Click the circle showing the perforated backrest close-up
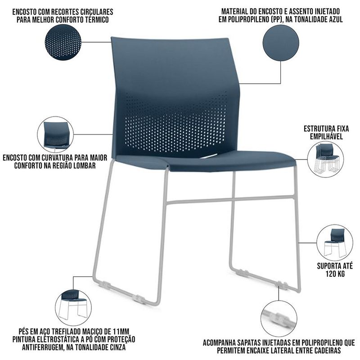(63, 42)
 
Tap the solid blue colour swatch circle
(281, 43)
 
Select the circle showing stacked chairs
(325, 159)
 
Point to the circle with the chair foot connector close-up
(279, 319)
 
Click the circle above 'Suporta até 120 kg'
(335, 243)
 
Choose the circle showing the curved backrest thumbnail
(55, 135)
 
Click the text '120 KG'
(335, 274)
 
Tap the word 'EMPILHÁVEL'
(326, 136)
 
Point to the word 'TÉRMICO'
(97, 19)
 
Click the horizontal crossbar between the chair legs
(230, 200)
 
